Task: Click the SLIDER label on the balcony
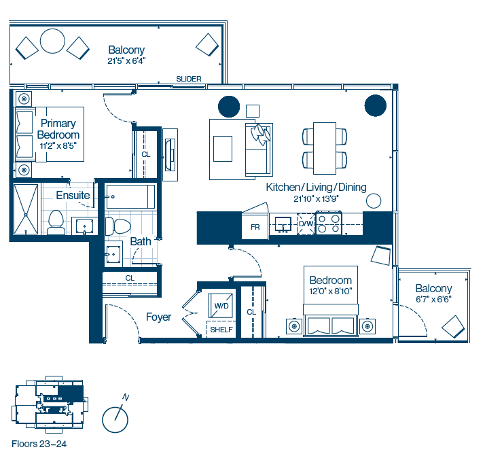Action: pyautogui.click(x=189, y=79)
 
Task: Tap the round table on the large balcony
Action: pyautogui.click(x=52, y=41)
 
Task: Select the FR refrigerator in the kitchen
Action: pyautogui.click(x=255, y=227)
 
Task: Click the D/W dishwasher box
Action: pyautogui.click(x=306, y=224)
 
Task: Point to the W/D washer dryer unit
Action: pyautogui.click(x=221, y=306)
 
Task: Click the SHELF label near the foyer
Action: pyautogui.click(x=221, y=330)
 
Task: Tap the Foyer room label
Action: pyautogui.click(x=158, y=317)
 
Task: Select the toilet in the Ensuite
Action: pyautogui.click(x=56, y=222)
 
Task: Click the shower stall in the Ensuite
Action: pyautogui.click(x=26, y=209)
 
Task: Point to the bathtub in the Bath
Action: pyautogui.click(x=131, y=196)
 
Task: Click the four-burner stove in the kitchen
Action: pyautogui.click(x=329, y=223)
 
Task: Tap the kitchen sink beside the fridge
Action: pyautogui.click(x=283, y=224)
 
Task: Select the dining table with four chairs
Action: pyautogui.click(x=325, y=149)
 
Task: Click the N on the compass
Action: pyautogui.click(x=125, y=398)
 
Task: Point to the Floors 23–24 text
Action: pyautogui.click(x=39, y=444)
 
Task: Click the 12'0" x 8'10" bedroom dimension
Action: pyautogui.click(x=331, y=292)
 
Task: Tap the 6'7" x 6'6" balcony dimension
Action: pyautogui.click(x=433, y=299)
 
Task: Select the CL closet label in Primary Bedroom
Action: pyautogui.click(x=146, y=154)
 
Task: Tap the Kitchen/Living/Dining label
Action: pyautogui.click(x=316, y=188)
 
